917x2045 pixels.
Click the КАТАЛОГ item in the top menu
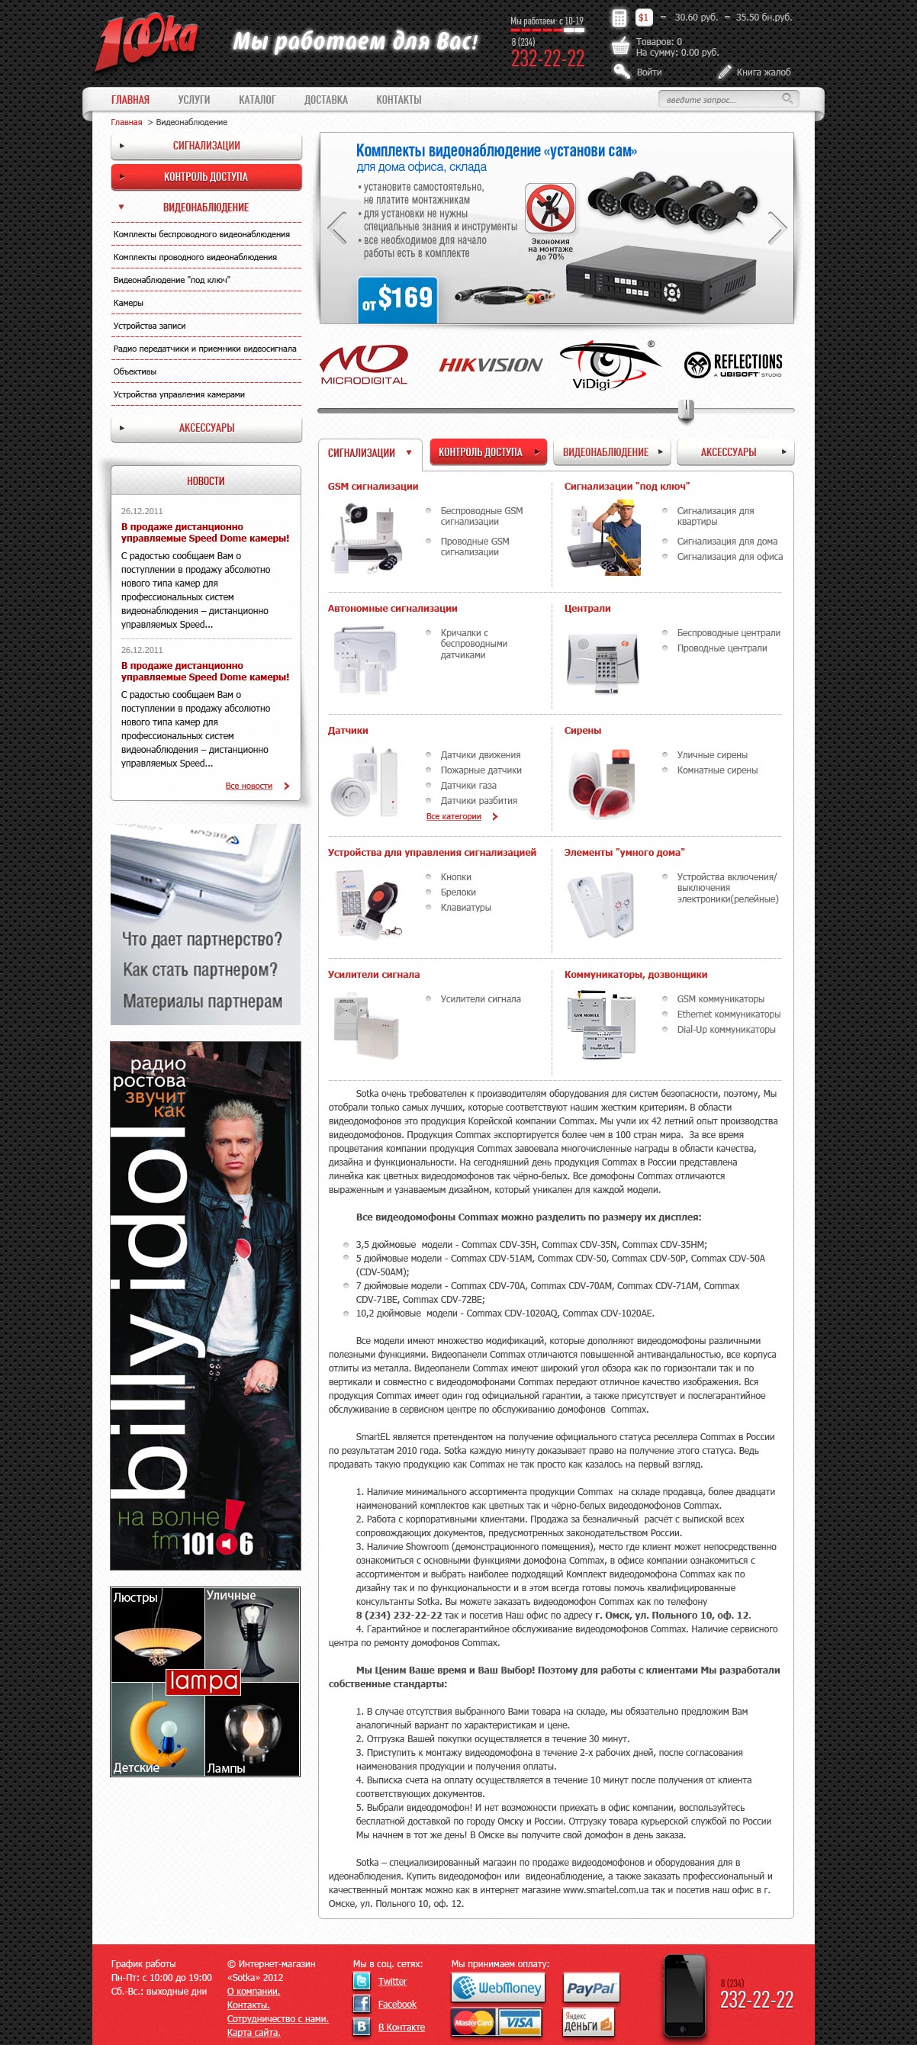[256, 99]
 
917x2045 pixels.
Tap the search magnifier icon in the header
[787, 98]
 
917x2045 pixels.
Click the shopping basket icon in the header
[620, 46]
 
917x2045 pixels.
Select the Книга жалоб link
[762, 72]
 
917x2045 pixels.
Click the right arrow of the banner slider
[777, 228]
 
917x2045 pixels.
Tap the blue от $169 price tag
[397, 299]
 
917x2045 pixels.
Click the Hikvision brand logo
[491, 365]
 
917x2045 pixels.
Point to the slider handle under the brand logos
[687, 410]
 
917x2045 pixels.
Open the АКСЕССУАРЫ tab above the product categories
[735, 452]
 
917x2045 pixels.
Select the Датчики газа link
[468, 785]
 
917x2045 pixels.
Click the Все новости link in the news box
[249, 786]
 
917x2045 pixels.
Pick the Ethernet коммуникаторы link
[728, 1014]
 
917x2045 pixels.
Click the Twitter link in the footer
[392, 1981]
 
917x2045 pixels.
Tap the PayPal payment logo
[590, 1988]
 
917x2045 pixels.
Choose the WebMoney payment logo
[499, 1988]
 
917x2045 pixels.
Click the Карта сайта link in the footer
[253, 2032]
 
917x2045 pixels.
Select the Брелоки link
[458, 892]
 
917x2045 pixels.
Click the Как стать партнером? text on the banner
[200, 969]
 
